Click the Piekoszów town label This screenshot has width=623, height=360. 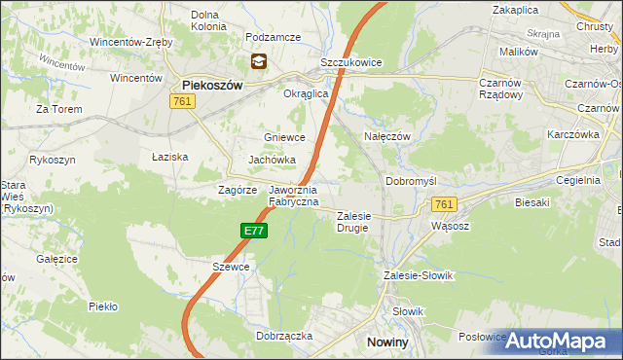point(211,85)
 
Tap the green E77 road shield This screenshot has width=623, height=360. point(253,231)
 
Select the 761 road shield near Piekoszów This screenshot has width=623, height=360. point(181,101)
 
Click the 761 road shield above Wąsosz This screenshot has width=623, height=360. point(444,204)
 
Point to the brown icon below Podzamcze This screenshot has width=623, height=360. point(258,62)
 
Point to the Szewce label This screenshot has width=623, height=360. point(232,267)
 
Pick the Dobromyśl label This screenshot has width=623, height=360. point(413,181)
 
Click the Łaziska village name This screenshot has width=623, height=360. point(169,156)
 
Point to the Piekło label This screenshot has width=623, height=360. point(102,306)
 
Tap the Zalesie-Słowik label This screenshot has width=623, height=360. point(420,275)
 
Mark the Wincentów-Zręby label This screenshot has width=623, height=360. point(131,43)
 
